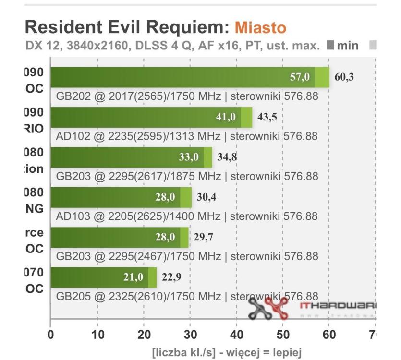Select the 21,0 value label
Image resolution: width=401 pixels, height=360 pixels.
133,277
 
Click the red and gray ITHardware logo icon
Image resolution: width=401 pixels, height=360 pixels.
268,309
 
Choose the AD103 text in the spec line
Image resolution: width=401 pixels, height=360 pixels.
73,216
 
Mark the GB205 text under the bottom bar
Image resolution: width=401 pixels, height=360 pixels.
73,296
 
